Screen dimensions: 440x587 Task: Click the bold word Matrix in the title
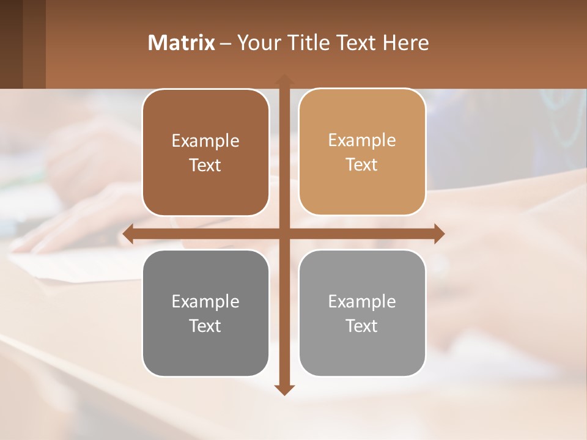tap(182, 43)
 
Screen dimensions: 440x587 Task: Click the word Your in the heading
tap(259, 43)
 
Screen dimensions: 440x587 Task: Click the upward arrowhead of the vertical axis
tap(284, 79)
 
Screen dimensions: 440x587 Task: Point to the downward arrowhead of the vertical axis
tap(284, 390)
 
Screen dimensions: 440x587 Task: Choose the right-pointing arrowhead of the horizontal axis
tap(438, 233)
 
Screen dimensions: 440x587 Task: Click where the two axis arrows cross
tap(284, 233)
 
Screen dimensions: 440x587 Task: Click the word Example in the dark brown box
tap(205, 141)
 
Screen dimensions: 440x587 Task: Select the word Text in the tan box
tap(362, 165)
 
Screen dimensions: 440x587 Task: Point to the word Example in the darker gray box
tap(205, 301)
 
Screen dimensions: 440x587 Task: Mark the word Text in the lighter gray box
tap(362, 326)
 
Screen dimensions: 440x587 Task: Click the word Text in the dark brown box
tap(205, 166)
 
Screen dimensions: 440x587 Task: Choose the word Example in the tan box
tap(362, 140)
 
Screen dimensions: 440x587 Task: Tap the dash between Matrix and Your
tap(226, 43)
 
